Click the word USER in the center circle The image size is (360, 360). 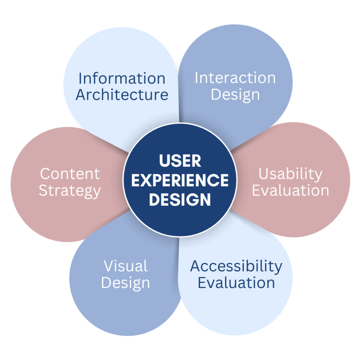[x=180, y=161]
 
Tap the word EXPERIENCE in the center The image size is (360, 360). [x=180, y=181]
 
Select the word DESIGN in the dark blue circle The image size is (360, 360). [x=180, y=200]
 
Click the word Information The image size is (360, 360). [x=122, y=78]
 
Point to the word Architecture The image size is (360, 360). [x=122, y=95]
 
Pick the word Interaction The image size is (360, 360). [x=235, y=78]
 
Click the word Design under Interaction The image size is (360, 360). [x=235, y=95]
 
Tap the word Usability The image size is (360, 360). [x=290, y=174]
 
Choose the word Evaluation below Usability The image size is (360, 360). [x=290, y=191]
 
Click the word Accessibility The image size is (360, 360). [x=236, y=266]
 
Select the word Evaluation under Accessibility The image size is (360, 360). [x=236, y=283]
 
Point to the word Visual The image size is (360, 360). [x=126, y=266]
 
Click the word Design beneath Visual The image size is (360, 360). [x=126, y=283]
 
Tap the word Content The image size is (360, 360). [x=70, y=174]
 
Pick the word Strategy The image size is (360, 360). [x=70, y=191]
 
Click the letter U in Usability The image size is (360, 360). [x=263, y=174]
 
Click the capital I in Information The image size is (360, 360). [x=80, y=78]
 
